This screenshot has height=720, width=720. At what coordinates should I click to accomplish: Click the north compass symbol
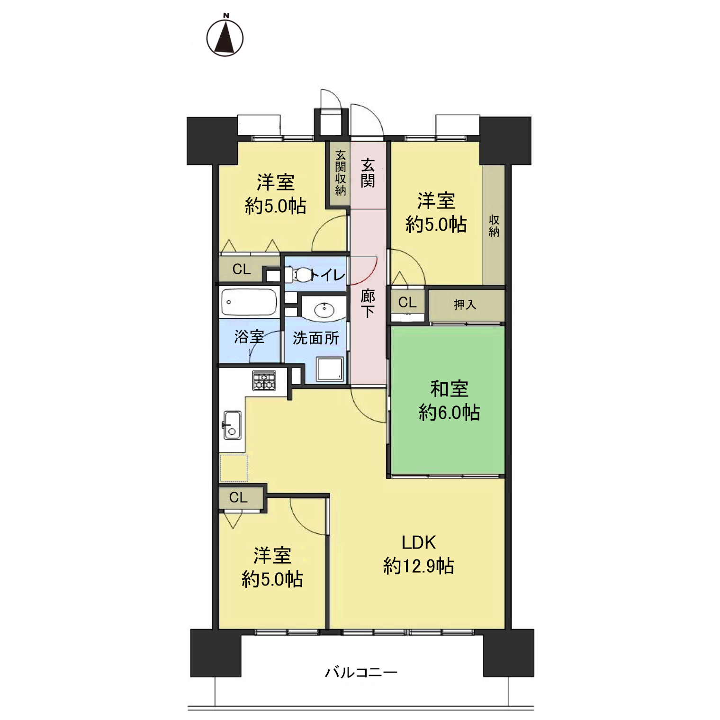point(225,36)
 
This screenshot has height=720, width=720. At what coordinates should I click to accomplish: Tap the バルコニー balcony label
point(361,672)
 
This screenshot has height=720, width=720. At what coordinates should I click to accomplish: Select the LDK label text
point(419,542)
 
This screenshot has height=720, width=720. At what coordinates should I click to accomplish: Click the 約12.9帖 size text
point(419,566)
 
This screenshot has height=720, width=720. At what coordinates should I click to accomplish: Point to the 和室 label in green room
point(449,389)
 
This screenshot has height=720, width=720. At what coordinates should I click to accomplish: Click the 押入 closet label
point(465,305)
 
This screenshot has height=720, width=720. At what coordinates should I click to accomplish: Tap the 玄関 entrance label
point(368,173)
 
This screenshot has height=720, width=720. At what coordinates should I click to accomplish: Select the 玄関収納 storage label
point(341,173)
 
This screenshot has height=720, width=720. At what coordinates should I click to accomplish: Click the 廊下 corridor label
point(368,303)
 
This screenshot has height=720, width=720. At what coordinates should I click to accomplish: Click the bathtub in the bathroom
point(249,302)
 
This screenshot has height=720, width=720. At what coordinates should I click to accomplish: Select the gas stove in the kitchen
point(264,380)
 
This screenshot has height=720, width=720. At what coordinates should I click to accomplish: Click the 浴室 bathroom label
point(249,337)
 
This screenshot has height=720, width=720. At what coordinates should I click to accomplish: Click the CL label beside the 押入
point(407,302)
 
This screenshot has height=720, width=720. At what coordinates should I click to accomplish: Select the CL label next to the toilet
point(242,269)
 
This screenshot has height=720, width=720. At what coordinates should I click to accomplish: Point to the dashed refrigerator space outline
point(234,468)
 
